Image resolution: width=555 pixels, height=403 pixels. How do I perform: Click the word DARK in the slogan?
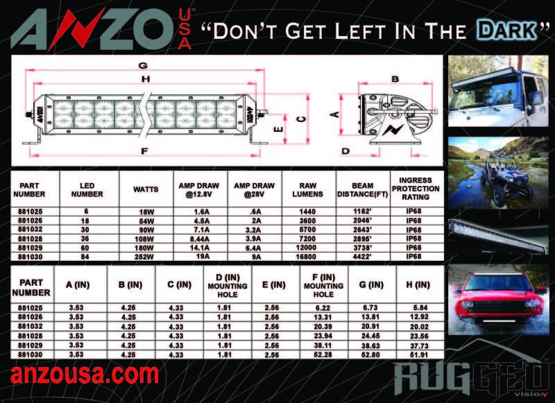[506, 31]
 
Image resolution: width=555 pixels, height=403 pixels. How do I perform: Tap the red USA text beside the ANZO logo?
[185, 29]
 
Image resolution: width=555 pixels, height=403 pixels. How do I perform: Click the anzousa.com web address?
[85, 375]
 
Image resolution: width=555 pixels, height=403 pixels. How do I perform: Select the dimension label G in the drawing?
[143, 65]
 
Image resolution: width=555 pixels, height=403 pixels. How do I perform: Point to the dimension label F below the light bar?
[144, 151]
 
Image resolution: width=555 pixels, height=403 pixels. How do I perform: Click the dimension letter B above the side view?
[395, 79]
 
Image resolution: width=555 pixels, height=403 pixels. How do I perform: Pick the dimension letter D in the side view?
[345, 151]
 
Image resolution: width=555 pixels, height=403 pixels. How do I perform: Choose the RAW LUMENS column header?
[307, 189]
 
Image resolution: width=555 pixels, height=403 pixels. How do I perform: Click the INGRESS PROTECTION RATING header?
[416, 188]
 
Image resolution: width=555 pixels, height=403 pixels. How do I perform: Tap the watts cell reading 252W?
[144, 257]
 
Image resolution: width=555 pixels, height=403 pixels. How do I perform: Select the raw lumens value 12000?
[306, 248]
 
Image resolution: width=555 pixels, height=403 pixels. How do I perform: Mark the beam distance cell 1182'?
[362, 212]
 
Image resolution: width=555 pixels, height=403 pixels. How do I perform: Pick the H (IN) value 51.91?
[419, 354]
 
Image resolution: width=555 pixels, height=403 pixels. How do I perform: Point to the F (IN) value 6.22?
[323, 308]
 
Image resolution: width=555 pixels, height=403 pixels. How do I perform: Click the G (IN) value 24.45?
[370, 336]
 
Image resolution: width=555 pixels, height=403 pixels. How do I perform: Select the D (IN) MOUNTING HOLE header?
[228, 286]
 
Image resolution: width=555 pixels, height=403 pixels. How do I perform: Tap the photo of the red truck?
[498, 300]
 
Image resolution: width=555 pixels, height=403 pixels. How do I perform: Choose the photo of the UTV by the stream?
[498, 173]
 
